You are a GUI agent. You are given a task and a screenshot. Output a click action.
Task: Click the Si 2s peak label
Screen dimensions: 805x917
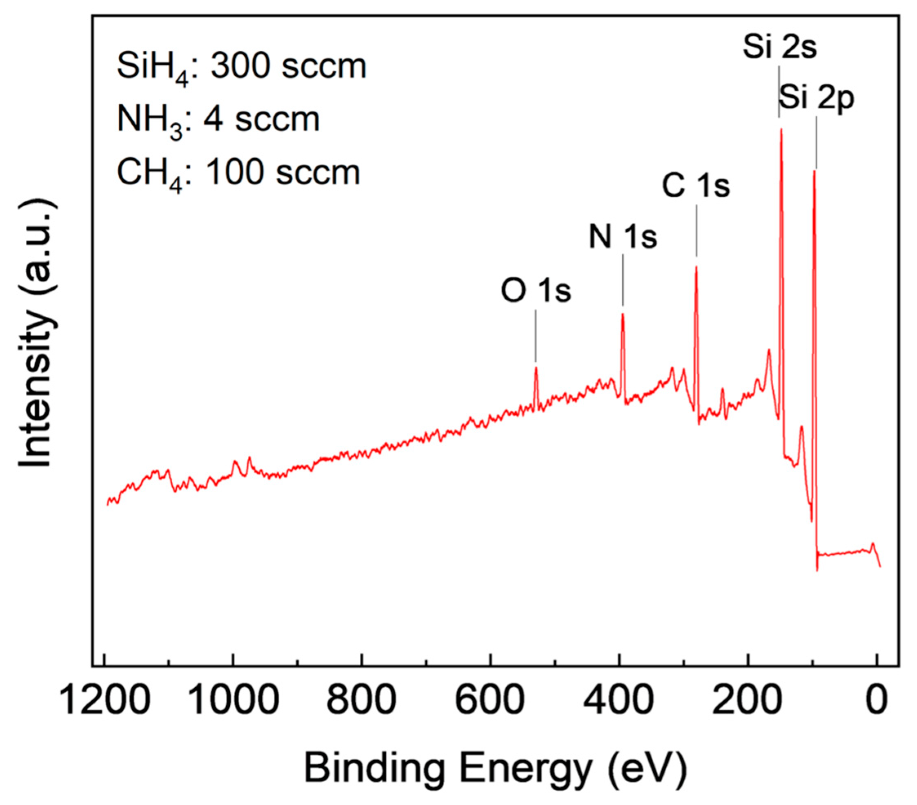tap(780, 47)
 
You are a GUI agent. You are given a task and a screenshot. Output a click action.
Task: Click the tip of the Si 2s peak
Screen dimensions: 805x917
tap(781, 130)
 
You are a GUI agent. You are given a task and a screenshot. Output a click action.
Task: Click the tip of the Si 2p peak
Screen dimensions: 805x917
tap(814, 171)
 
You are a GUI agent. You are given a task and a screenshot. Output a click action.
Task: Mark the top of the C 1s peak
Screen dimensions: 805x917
tap(696, 268)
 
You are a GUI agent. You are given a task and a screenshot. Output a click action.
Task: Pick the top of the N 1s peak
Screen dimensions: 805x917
tap(623, 314)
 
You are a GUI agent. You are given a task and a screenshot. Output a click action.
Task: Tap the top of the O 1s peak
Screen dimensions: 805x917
tap(536, 368)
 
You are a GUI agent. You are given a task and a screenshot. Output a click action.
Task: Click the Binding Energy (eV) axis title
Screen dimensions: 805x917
tap(496, 768)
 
